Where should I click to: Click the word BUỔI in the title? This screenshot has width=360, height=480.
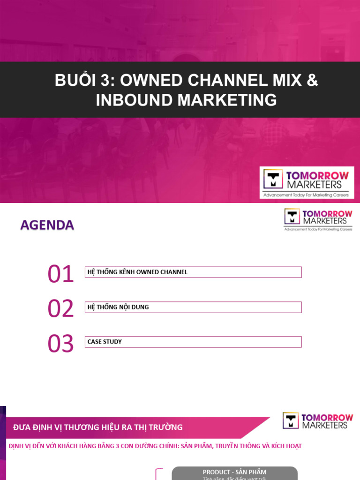(x=75, y=81)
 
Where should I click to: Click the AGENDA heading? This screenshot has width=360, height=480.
(x=47, y=225)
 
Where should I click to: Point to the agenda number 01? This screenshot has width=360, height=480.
(x=60, y=274)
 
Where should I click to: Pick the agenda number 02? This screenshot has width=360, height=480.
(x=60, y=309)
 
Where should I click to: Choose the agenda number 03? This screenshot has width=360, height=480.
(x=60, y=344)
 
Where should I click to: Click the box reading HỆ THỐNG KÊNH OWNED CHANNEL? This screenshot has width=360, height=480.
(x=193, y=272)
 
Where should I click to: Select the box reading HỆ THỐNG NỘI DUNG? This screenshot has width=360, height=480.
(x=193, y=307)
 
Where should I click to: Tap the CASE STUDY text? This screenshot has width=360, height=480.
(x=105, y=342)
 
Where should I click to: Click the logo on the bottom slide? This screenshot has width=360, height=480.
(x=317, y=420)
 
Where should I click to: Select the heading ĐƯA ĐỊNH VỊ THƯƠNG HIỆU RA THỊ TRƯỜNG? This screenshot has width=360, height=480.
(x=97, y=427)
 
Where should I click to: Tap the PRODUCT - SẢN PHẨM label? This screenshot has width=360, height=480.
(x=234, y=472)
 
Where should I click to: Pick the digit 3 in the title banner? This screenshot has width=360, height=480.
(x=107, y=81)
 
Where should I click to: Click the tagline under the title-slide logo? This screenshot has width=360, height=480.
(x=306, y=195)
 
